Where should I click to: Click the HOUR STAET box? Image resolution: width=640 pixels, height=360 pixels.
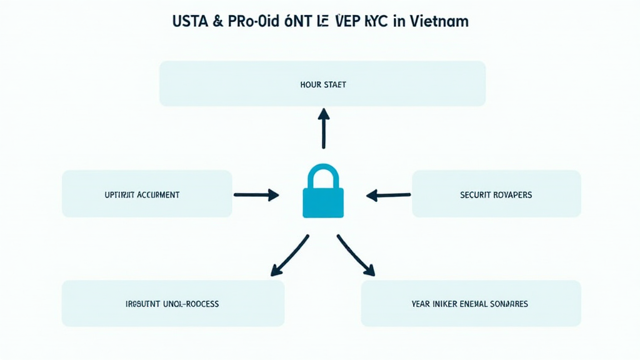[322, 84]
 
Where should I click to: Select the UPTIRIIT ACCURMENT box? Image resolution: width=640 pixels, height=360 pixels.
[147, 194]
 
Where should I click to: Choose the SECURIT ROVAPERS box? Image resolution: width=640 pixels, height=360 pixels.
[496, 194]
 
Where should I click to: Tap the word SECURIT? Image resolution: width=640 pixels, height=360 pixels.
[476, 195]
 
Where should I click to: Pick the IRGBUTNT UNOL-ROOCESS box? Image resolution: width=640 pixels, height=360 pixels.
[173, 303]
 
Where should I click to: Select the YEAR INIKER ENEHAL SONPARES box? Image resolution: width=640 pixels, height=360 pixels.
[471, 303]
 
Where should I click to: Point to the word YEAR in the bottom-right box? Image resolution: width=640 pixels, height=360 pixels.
[421, 304]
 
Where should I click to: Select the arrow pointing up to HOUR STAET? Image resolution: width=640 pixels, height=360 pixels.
[323, 128]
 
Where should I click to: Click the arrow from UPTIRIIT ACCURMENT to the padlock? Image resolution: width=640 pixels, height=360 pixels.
[256, 195]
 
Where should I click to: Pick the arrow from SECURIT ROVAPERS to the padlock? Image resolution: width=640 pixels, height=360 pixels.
[388, 195]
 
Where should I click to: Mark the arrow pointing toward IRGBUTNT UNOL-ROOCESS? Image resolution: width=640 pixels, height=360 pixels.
[289, 255]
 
